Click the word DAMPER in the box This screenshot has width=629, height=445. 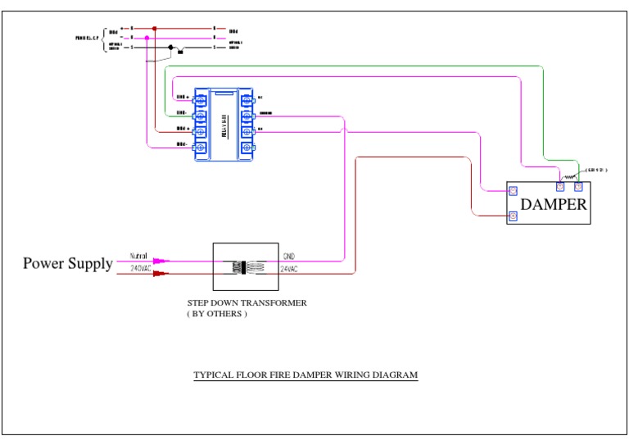coord(554,204)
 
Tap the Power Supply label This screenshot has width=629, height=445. coord(67,263)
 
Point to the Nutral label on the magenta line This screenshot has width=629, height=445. coord(138,257)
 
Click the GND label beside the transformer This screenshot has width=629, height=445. coord(287,257)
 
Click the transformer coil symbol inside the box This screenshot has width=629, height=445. coord(246,266)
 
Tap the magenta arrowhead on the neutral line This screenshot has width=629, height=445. coord(161,261)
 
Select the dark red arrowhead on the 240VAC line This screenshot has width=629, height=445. coord(161,274)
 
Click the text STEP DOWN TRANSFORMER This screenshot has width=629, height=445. coord(247,303)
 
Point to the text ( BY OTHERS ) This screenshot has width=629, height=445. coord(217,314)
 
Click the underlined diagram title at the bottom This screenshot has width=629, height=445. coord(305,375)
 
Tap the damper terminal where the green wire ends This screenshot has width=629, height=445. coord(578,186)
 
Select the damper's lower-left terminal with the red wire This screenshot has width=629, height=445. coord(513,216)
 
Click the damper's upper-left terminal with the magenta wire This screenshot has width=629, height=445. coord(513,191)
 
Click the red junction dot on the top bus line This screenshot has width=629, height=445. coord(154,28)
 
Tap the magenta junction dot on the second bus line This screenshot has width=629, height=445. coord(147,38)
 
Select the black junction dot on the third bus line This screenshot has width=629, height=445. coord(170,48)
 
